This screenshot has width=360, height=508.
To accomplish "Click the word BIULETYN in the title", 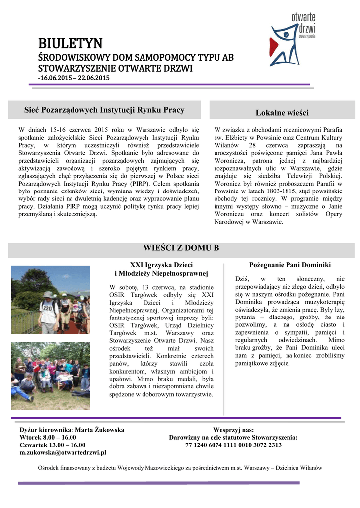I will (71, 43).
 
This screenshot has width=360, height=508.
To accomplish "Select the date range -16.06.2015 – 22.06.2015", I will (74, 78).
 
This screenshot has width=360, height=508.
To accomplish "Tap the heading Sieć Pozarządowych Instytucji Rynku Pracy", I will (105, 110).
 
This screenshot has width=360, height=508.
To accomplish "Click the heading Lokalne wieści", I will (282, 113).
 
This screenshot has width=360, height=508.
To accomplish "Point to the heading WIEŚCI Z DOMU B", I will (181, 248).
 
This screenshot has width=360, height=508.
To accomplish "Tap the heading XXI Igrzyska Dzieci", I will (161, 265).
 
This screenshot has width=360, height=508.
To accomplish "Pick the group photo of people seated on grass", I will (50, 375).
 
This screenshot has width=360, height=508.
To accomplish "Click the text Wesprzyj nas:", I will (233, 429).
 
